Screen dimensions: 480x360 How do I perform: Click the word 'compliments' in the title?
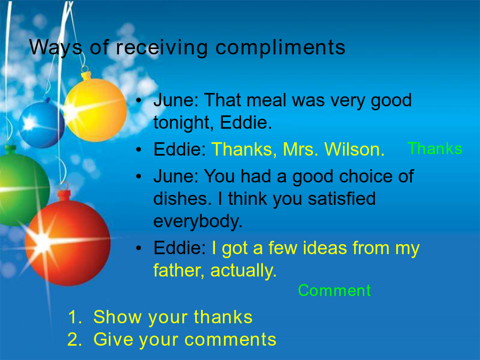pyautogui.click(x=281, y=48)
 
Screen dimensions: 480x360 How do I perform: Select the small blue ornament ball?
pyautogui.click(x=41, y=124)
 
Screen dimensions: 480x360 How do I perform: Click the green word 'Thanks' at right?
pyautogui.click(x=435, y=148)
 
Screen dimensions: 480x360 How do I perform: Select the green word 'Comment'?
pyautogui.click(x=334, y=290)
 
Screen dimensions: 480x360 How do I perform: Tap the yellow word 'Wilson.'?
pyautogui.click(x=354, y=149)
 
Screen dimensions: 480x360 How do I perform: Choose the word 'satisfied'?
pyautogui.click(x=342, y=198)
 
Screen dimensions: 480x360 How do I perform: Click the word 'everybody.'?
pyautogui.click(x=198, y=221)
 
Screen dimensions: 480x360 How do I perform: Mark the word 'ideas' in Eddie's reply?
pyautogui.click(x=325, y=247)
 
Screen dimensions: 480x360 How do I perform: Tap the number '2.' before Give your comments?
pyautogui.click(x=75, y=339)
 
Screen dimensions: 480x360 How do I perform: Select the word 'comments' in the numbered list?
pyautogui.click(x=230, y=340)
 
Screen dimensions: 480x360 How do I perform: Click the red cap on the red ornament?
pyautogui.click(x=64, y=196)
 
